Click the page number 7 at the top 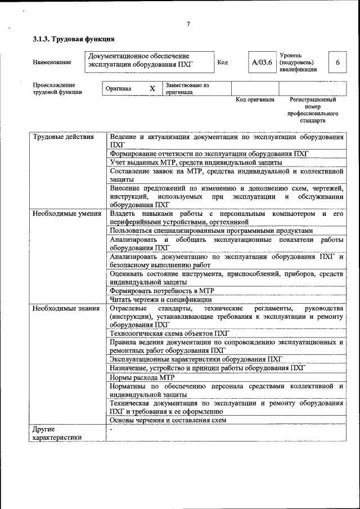tap(188, 24)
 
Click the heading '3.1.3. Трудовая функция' tap(74, 39)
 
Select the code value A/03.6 tap(262, 62)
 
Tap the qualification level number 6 tap(337, 62)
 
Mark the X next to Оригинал tap(152, 88)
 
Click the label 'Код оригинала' tap(255, 100)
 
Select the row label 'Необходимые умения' tap(66, 214)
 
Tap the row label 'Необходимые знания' tap(66, 308)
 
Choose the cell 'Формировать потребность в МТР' tap(162, 291)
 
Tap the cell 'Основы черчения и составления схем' tap(168, 420)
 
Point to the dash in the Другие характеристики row tap(111, 429)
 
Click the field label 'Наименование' tap(52, 62)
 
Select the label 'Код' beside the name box tap(222, 62)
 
